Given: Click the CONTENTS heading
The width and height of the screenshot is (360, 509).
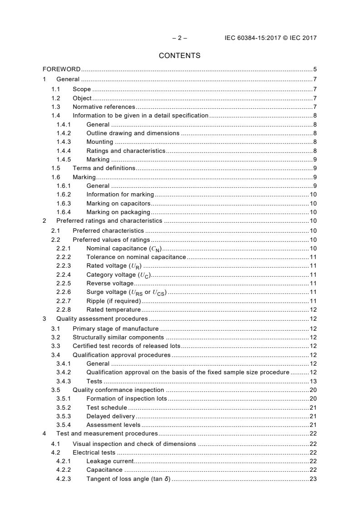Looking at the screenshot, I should (x=179, y=56).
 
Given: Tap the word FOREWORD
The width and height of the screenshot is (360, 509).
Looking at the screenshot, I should (x=61, y=69).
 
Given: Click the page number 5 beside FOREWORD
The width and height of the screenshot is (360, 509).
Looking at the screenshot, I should (x=315, y=69).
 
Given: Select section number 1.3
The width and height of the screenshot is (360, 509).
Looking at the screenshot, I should (x=56, y=107).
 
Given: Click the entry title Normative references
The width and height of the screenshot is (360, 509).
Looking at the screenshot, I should (x=104, y=107).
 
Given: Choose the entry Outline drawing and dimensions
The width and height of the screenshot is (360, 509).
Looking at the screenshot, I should (x=133, y=133).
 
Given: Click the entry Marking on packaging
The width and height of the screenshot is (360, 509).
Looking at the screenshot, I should (x=118, y=212).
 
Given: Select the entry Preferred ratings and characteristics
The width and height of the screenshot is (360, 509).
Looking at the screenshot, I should (x=109, y=221).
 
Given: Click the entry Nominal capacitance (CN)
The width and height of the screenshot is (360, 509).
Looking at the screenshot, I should (x=124, y=248).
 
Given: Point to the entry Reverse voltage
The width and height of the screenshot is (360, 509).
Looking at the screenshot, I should (x=110, y=284).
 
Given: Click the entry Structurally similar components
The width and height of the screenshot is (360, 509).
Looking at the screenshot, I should (x=118, y=337).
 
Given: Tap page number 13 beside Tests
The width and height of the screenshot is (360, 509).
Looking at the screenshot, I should (x=313, y=381).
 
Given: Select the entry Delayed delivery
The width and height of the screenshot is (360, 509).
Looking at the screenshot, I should (x=110, y=416).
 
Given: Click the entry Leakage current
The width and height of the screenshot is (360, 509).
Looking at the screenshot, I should (x=110, y=461).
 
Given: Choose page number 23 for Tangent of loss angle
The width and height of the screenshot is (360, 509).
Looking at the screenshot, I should (x=313, y=479).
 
